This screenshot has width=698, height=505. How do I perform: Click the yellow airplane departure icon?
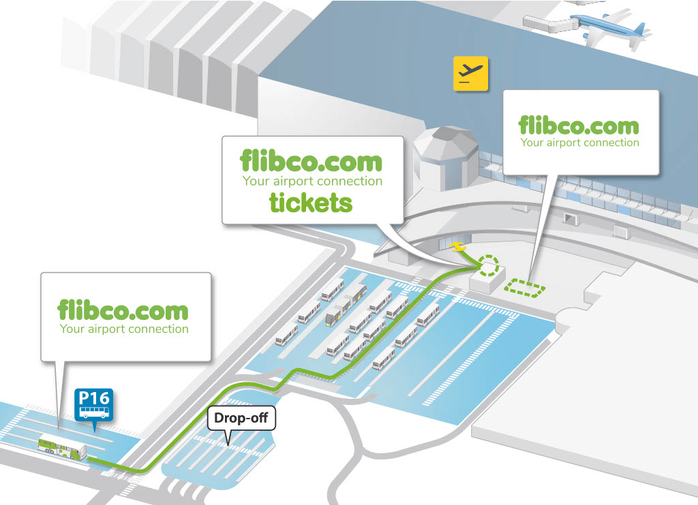471,74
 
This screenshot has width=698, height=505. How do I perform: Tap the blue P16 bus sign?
94,404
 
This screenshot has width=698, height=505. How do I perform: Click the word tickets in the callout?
310,202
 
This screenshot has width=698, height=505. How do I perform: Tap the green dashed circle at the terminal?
489,265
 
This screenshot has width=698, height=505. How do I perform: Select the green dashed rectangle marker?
525,289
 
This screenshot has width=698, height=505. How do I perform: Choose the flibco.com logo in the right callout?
579,125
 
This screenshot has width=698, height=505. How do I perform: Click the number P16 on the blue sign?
94,397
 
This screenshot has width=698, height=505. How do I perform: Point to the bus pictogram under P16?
94,412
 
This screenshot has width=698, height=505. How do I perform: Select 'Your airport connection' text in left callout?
124,329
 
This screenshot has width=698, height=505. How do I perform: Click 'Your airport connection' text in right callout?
580,143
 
